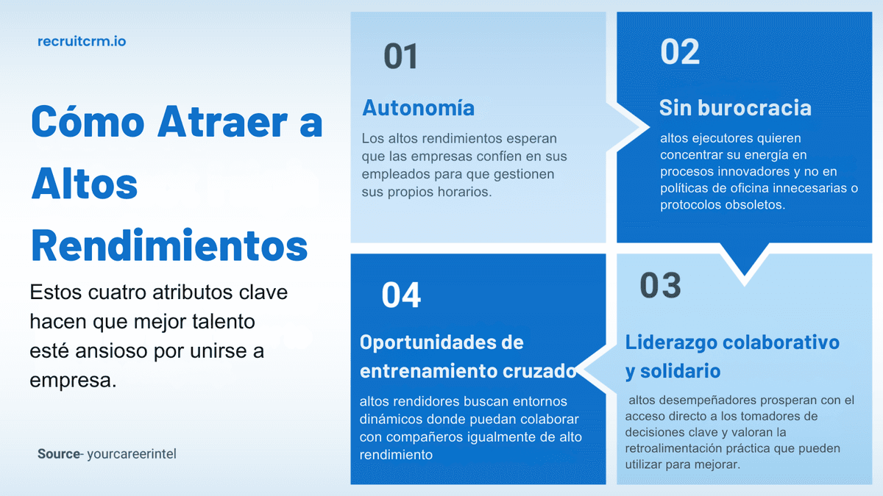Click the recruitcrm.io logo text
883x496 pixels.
(82, 42)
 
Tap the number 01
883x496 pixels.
(401, 57)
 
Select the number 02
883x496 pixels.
(680, 52)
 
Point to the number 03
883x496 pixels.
(660, 285)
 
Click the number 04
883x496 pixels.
(401, 295)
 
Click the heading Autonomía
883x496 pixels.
(418, 108)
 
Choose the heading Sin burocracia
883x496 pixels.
(735, 108)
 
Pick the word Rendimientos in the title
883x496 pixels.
(169, 246)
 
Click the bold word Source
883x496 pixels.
(58, 454)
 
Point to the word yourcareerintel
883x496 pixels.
(132, 454)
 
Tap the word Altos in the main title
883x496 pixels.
(85, 184)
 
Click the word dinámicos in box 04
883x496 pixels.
(390, 420)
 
